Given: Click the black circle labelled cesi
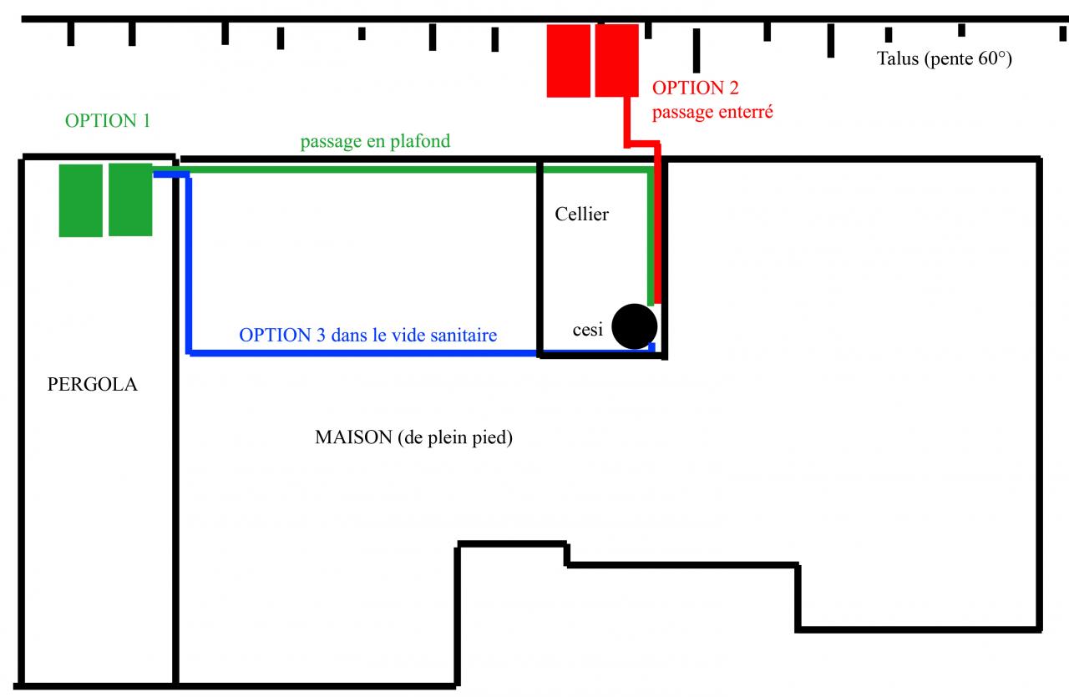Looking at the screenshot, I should (634, 326).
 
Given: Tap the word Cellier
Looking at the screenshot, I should (581, 215).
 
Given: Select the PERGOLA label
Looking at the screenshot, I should (93, 386).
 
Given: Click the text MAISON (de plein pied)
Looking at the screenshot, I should (413, 437).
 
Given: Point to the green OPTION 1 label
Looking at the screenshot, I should (108, 120).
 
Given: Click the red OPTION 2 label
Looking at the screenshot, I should (695, 88).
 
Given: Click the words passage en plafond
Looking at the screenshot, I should (375, 141).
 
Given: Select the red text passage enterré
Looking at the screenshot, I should (712, 111).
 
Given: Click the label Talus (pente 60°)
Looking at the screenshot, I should (945, 58).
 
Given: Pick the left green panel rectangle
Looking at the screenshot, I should (80, 200).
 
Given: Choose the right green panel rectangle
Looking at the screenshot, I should (130, 200).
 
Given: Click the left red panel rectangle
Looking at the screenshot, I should (569, 60).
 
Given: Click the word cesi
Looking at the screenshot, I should (587, 330).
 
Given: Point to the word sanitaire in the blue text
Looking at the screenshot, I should (464, 336).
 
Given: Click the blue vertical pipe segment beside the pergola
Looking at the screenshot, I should (190, 263).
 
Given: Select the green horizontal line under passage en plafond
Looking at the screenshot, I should (418, 169).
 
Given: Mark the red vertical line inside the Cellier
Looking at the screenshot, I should (658, 234).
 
